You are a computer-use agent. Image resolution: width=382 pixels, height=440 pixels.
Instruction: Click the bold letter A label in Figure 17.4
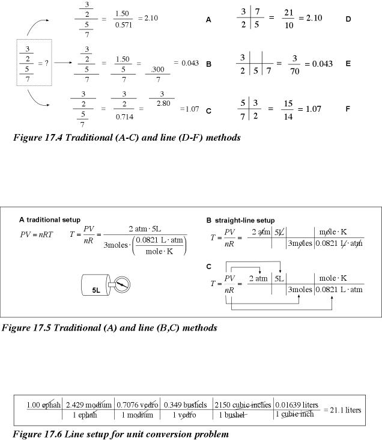tap(208, 20)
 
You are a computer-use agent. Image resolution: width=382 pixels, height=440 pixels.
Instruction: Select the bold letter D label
tap(348, 19)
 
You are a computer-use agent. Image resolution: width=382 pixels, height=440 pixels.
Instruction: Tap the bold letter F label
tap(348, 110)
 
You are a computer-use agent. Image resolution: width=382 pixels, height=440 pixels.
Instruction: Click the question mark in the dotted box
tap(47, 63)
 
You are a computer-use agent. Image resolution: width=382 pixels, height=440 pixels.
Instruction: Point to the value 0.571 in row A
tap(123, 24)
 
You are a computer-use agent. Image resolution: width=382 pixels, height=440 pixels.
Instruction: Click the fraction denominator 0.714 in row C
tap(123, 116)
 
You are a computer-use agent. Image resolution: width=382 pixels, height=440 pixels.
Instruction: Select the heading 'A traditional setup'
tap(50, 220)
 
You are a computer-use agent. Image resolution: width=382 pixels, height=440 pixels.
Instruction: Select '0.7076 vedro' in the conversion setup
tap(137, 405)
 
